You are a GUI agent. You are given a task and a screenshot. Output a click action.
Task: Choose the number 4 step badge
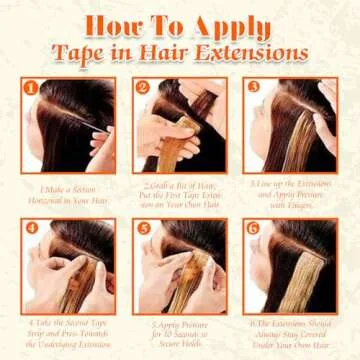pyautogui.click(x=32, y=228)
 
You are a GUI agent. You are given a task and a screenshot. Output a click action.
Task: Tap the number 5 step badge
pyautogui.click(x=144, y=228)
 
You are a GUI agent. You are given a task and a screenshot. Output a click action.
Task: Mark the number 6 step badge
pyautogui.click(x=254, y=228)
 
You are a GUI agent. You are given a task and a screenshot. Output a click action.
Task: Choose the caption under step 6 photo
pyautogui.click(x=290, y=333)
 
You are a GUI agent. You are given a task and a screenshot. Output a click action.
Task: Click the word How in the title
pyautogui.click(x=111, y=26)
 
